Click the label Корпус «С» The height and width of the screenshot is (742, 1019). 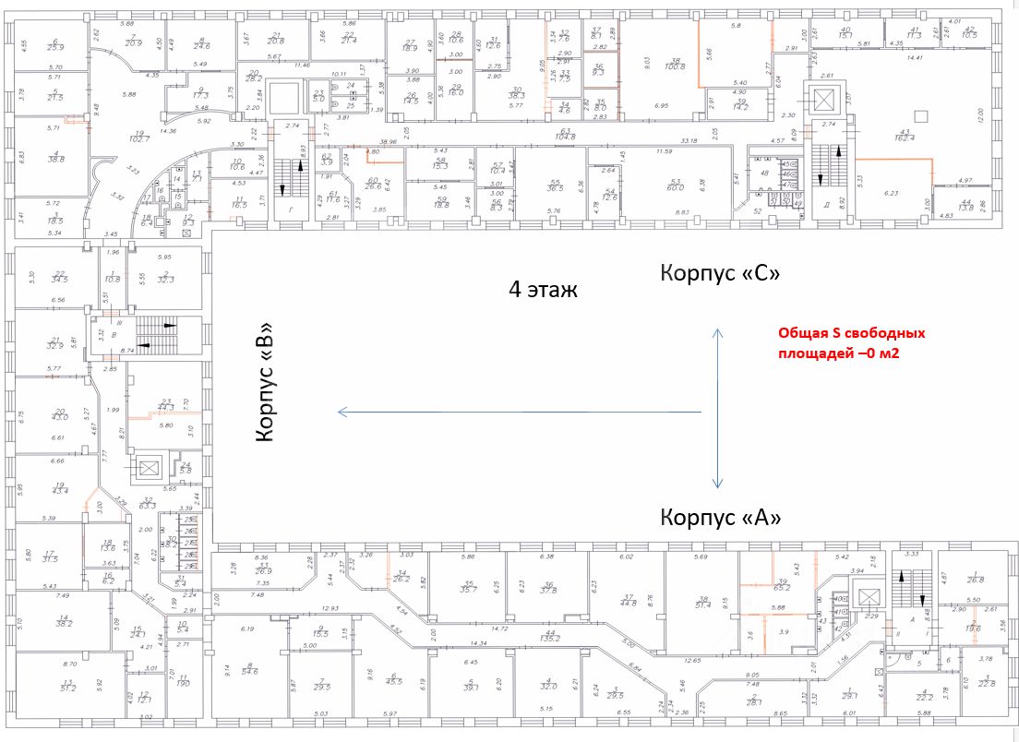721,274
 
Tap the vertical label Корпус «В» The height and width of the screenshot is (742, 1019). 266,381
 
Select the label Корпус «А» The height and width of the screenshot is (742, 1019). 721,518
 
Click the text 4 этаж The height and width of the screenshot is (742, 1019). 543,291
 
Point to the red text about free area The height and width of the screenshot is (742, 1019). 851,343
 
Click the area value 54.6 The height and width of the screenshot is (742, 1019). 249,668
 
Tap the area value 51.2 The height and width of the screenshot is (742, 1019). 68,688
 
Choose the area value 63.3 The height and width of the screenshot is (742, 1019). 146,506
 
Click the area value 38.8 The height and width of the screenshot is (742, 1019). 55,160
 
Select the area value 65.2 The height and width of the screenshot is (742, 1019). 783,587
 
